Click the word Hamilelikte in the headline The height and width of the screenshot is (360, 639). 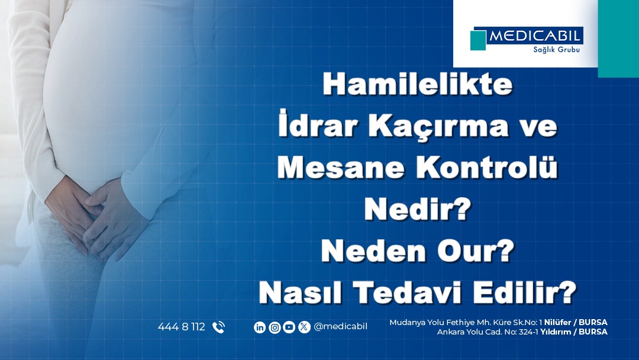417,84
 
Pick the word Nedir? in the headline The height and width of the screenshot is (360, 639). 417,209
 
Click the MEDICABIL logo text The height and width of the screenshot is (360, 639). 534,36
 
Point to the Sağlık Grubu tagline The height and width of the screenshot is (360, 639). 556,49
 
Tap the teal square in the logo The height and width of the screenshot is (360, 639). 478,40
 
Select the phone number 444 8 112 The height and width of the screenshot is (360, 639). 182,327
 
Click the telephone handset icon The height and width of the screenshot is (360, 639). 218,327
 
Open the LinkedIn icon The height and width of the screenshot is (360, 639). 260,327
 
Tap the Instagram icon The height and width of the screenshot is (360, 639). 275,327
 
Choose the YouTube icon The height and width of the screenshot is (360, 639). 289,327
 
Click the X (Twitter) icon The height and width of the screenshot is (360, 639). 304,327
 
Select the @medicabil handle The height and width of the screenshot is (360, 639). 340,327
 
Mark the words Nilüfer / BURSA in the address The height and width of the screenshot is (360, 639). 576,322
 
